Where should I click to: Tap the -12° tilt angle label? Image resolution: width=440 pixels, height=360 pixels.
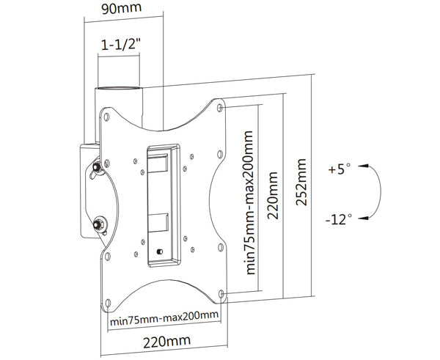(x=340, y=218)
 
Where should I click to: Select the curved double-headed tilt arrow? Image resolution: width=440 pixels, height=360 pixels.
(x=375, y=192)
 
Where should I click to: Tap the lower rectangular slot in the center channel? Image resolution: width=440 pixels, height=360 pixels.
(x=160, y=218)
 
